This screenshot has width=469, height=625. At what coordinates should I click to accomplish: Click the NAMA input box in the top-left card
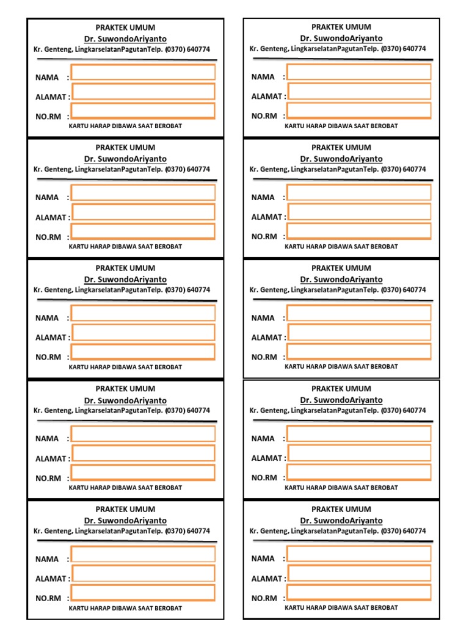pos(143,73)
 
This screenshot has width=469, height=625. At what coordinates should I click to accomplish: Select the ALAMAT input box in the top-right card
pos(359,92)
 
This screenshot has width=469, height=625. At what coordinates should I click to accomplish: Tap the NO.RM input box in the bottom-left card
pos(143,593)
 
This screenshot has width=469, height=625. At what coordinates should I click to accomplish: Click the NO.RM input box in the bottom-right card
pos(359,593)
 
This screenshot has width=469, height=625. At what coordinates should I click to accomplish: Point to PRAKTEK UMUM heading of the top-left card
pos(125,27)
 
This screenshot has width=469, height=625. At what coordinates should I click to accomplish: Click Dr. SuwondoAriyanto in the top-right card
pos(341,38)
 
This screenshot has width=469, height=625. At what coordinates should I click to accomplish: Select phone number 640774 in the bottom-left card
pos(198,532)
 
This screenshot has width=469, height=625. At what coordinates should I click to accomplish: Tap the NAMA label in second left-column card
pos(47,198)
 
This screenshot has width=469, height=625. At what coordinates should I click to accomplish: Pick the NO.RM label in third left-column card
pos(48,357)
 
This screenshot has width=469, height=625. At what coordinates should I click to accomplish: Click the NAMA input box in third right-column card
pos(359,313)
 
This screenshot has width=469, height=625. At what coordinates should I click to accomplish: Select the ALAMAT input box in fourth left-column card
pos(143,453)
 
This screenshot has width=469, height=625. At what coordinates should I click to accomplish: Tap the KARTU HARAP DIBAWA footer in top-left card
pos(125,126)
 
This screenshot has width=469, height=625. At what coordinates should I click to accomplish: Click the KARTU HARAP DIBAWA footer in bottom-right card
pos(341,608)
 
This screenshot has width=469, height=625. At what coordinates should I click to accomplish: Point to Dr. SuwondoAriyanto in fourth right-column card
pos(341,400)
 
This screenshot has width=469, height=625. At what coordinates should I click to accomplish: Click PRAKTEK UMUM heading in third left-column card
pos(125,268)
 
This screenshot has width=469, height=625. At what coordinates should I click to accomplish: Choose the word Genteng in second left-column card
pos(58,170)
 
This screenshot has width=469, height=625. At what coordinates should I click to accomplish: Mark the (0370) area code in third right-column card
pos(391,291)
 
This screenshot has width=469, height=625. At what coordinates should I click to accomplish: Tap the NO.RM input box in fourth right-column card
pos(359,472)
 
